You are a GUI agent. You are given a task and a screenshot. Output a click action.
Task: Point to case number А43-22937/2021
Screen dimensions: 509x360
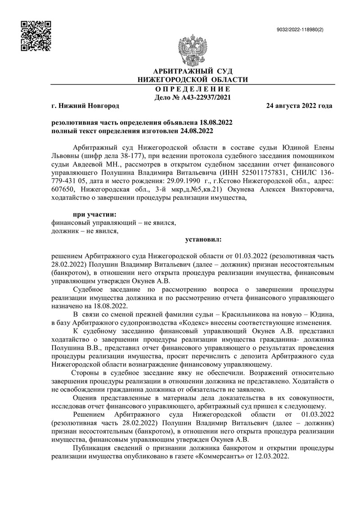[206, 97]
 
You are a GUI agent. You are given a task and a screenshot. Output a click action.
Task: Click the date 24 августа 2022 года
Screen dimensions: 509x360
[299, 106]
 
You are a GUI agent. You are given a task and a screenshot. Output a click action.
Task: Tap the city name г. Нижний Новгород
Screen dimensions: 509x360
[85, 106]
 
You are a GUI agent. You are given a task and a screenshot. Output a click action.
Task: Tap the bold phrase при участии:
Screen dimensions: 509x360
[94, 214]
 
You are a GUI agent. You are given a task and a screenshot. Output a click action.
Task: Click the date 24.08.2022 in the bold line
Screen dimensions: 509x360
[196, 131]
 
